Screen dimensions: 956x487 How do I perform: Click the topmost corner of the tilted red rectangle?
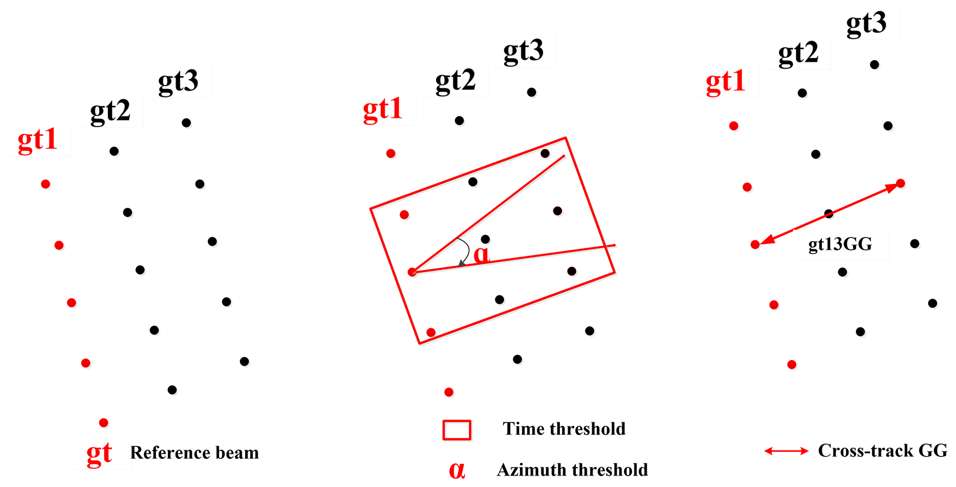coord(566,137)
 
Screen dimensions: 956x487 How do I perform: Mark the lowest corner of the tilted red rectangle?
coord(419,343)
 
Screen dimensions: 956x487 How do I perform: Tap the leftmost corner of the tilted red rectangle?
coord(370,209)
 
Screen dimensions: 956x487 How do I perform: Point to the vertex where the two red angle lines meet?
coord(412,272)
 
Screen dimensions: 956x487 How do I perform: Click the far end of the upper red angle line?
coord(565,156)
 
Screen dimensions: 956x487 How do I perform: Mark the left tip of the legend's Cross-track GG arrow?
coord(765,451)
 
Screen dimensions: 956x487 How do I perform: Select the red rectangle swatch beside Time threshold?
coord(457,430)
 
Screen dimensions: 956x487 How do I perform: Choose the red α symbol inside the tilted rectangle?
coord(481,255)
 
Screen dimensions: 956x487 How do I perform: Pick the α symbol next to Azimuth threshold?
coord(457,470)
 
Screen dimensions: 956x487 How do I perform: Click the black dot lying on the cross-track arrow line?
coord(829,214)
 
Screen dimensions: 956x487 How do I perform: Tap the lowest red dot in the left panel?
coord(104,423)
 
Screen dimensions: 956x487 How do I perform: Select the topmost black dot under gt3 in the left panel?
coord(186,123)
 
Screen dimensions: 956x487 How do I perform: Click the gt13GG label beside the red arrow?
coord(840,244)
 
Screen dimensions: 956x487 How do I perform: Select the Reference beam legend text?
coord(194,453)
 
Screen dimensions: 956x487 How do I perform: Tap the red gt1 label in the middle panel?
coord(382,110)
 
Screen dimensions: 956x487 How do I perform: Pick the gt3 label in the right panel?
coord(866,23)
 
